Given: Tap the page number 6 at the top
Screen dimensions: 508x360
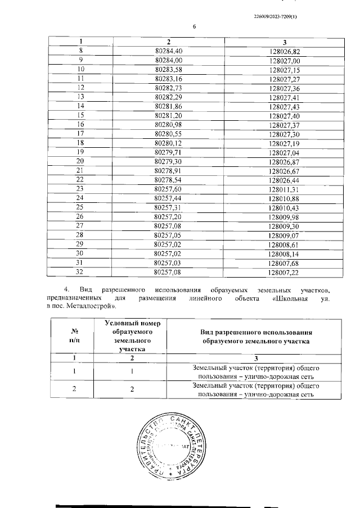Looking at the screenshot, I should (193, 27).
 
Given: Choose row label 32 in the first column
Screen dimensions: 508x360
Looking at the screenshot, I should (80, 272).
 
